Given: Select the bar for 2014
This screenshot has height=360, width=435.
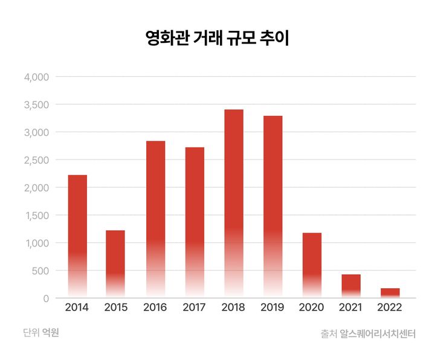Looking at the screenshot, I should pyautogui.click(x=77, y=236).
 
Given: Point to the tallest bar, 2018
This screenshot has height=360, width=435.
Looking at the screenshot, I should pyautogui.click(x=233, y=203).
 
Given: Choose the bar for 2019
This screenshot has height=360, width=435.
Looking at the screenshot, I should pyautogui.click(x=272, y=206).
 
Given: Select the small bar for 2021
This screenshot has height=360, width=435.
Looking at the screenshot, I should pyautogui.click(x=351, y=286).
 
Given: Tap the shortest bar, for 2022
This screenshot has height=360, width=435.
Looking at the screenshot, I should pyautogui.click(x=390, y=293).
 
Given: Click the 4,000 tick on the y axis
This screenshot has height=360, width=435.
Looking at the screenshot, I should pyautogui.click(x=36, y=77).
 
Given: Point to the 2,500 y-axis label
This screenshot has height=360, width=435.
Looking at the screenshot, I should pyautogui.click(x=36, y=160).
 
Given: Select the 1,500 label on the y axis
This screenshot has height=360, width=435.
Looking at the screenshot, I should pyautogui.click(x=36, y=216).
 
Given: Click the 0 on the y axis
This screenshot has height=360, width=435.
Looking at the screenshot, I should pyautogui.click(x=45, y=298).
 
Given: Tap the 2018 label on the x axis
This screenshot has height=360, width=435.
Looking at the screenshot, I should pyautogui.click(x=233, y=307).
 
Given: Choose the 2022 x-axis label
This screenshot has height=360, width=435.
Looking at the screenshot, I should pyautogui.click(x=390, y=307).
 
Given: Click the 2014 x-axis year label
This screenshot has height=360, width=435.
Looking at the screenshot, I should pyautogui.click(x=77, y=307).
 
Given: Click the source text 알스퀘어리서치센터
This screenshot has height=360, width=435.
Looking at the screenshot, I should pyautogui.click(x=378, y=333).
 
